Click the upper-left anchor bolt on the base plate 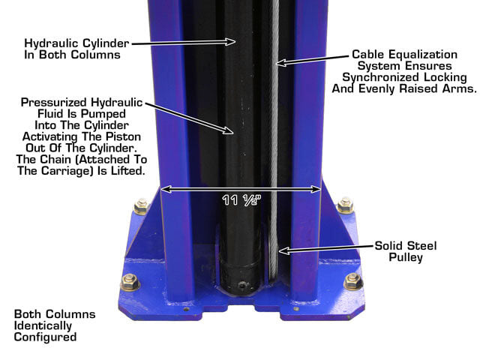click(x=141, y=207)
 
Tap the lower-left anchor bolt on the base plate click(x=130, y=282)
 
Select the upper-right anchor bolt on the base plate click(x=345, y=205)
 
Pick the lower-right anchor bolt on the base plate click(x=353, y=282)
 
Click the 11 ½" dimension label click(x=241, y=200)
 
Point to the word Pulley click(x=406, y=257)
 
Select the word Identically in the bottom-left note click(x=43, y=325)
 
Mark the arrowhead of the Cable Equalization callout click(x=280, y=63)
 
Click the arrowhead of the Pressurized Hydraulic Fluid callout click(x=228, y=130)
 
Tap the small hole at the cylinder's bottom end click(x=242, y=286)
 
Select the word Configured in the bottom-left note click(x=45, y=337)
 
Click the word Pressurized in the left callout click(x=54, y=102)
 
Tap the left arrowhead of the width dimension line click(x=165, y=190)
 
